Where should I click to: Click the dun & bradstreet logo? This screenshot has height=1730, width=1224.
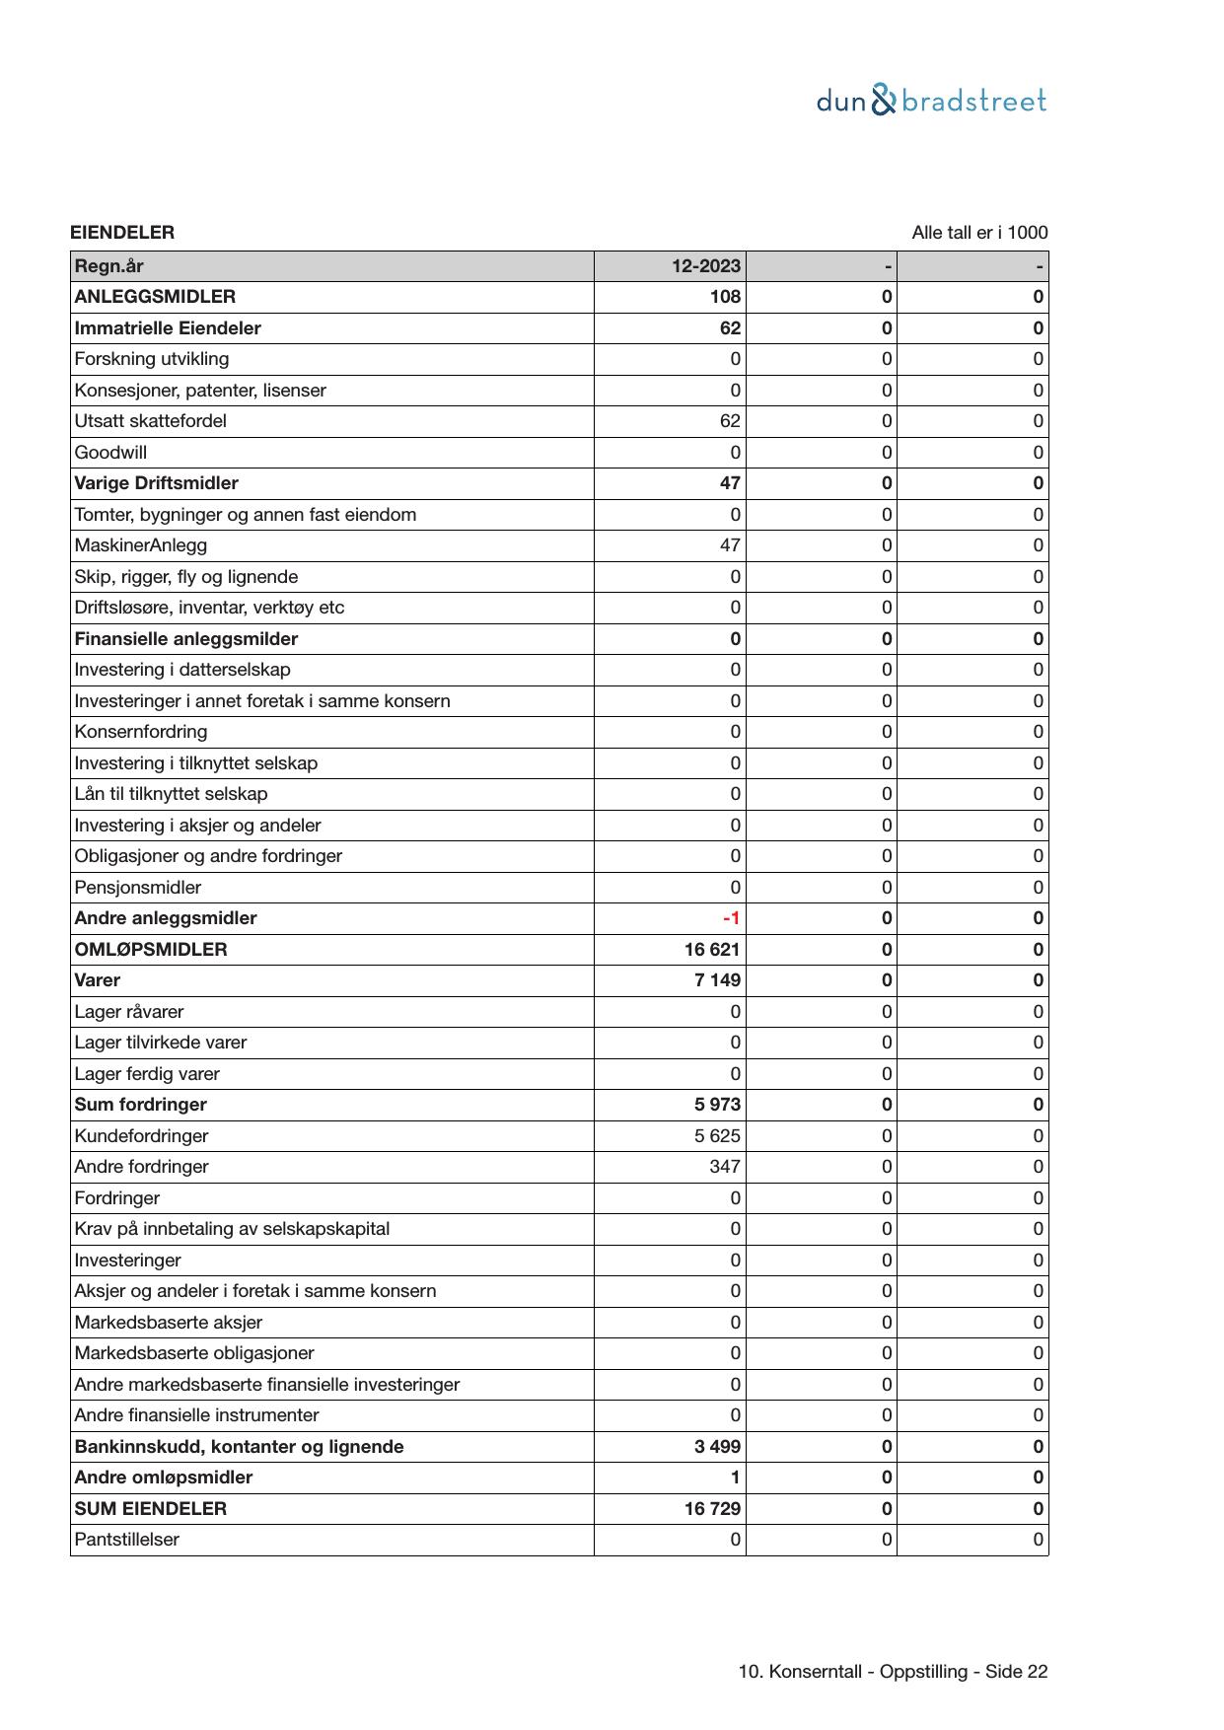[931, 101]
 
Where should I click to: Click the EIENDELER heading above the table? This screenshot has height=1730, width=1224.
[122, 233]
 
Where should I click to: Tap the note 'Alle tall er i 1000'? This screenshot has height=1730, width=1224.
[979, 233]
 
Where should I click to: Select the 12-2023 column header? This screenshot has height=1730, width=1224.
[706, 266]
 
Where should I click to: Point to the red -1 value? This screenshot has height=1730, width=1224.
[731, 918]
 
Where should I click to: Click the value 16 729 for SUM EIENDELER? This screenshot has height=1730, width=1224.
[712, 1509]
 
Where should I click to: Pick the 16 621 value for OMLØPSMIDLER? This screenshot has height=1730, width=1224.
[712, 950]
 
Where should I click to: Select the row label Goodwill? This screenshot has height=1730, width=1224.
[110, 453]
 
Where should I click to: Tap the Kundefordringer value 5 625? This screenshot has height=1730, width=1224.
[717, 1136]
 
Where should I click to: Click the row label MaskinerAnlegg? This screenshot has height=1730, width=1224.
[141, 545]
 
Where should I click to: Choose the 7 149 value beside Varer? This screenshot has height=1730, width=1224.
[717, 980]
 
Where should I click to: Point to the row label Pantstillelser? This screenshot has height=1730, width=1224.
[127, 1540]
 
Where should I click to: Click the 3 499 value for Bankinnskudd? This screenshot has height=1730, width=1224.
[717, 1447]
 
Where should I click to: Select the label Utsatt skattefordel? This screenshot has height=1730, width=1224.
[151, 421]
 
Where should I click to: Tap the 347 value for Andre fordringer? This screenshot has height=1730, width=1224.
[725, 1167]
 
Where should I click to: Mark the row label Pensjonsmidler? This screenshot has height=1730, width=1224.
[138, 888]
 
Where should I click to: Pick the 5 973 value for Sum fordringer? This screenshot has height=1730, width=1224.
[717, 1105]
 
